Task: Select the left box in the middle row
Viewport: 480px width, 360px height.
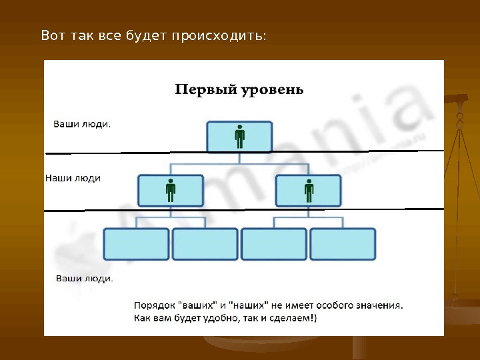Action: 171,191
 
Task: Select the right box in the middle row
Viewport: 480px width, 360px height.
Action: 309,191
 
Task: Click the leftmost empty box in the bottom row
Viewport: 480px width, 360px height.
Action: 137,244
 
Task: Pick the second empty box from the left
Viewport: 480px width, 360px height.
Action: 205,244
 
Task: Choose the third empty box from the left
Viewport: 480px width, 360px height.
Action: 274,244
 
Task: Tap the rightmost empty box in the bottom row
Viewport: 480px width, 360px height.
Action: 343,244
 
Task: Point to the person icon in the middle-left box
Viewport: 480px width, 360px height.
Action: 171,191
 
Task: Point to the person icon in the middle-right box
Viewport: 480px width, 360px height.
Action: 309,191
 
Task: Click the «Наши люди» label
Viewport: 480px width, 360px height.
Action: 73,178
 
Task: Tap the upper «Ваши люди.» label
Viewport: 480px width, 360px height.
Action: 82,123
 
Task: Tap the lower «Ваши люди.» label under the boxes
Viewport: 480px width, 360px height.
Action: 84,278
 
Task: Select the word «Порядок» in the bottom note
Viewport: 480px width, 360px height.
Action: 154,305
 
